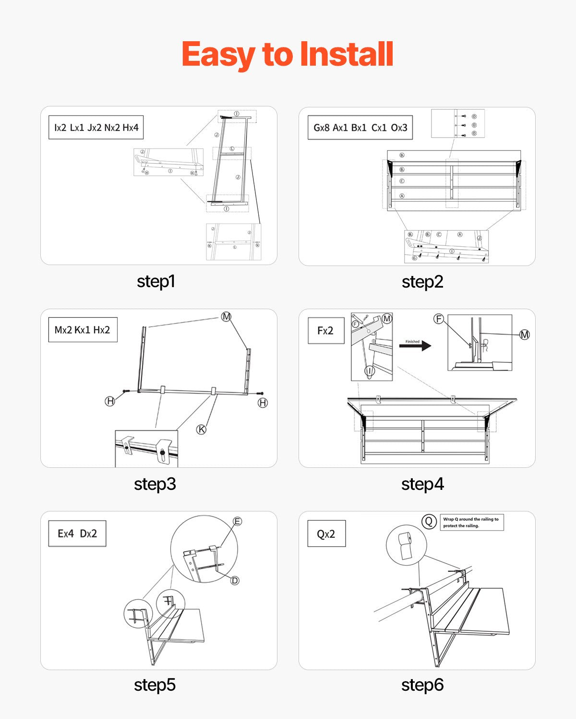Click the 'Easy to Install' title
point(288,54)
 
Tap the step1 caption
point(156,281)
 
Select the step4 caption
point(422,484)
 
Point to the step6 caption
point(422,685)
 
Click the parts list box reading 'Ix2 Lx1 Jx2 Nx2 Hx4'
point(96,128)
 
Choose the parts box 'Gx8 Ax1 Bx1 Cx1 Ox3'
point(360,128)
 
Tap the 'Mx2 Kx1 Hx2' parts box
point(83,330)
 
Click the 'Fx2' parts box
point(325,330)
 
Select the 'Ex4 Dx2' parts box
point(77,533)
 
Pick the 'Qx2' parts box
point(326,534)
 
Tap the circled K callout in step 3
point(202,429)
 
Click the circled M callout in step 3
point(226,316)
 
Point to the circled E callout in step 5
point(237,522)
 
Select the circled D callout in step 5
point(235,580)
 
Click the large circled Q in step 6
point(429,522)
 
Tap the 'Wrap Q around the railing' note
point(471,522)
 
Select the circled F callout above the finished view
point(438,319)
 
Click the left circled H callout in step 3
point(110,401)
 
